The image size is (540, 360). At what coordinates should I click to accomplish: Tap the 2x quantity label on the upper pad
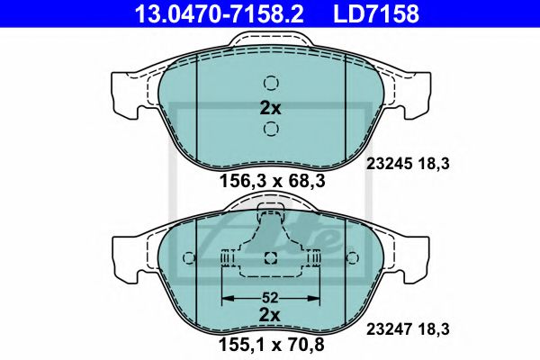coord(271,107)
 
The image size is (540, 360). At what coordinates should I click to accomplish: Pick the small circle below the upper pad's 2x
coord(271,131)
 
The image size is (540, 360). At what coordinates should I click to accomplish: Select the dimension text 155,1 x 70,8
coord(271,343)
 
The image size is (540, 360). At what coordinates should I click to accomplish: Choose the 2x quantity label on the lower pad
coord(271,315)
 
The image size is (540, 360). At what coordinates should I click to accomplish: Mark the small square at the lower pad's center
coord(271,259)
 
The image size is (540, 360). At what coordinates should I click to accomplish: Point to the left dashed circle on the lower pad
coord(188,259)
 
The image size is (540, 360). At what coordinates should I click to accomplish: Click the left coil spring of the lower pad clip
coord(228,259)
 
